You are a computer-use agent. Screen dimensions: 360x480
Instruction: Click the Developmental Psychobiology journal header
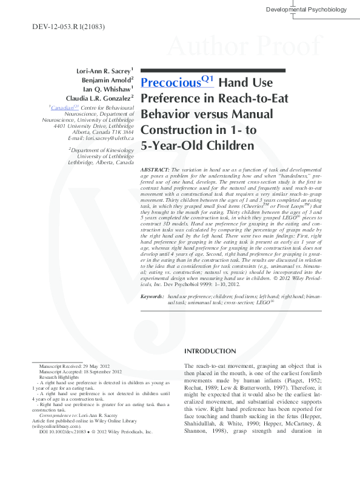tap(306, 9)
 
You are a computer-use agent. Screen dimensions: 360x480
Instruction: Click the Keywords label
tap(152, 296)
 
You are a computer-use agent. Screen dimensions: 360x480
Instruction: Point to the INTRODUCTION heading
tap(211, 352)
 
